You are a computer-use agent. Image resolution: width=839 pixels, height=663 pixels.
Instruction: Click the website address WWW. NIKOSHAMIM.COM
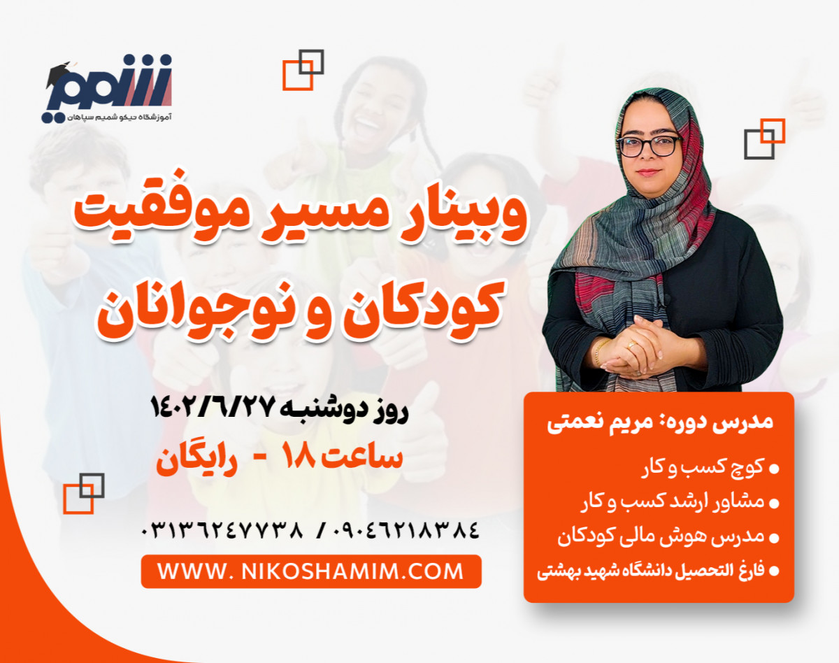coord(310,571)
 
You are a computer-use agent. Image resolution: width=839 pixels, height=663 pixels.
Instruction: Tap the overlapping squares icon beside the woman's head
coord(764,138)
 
